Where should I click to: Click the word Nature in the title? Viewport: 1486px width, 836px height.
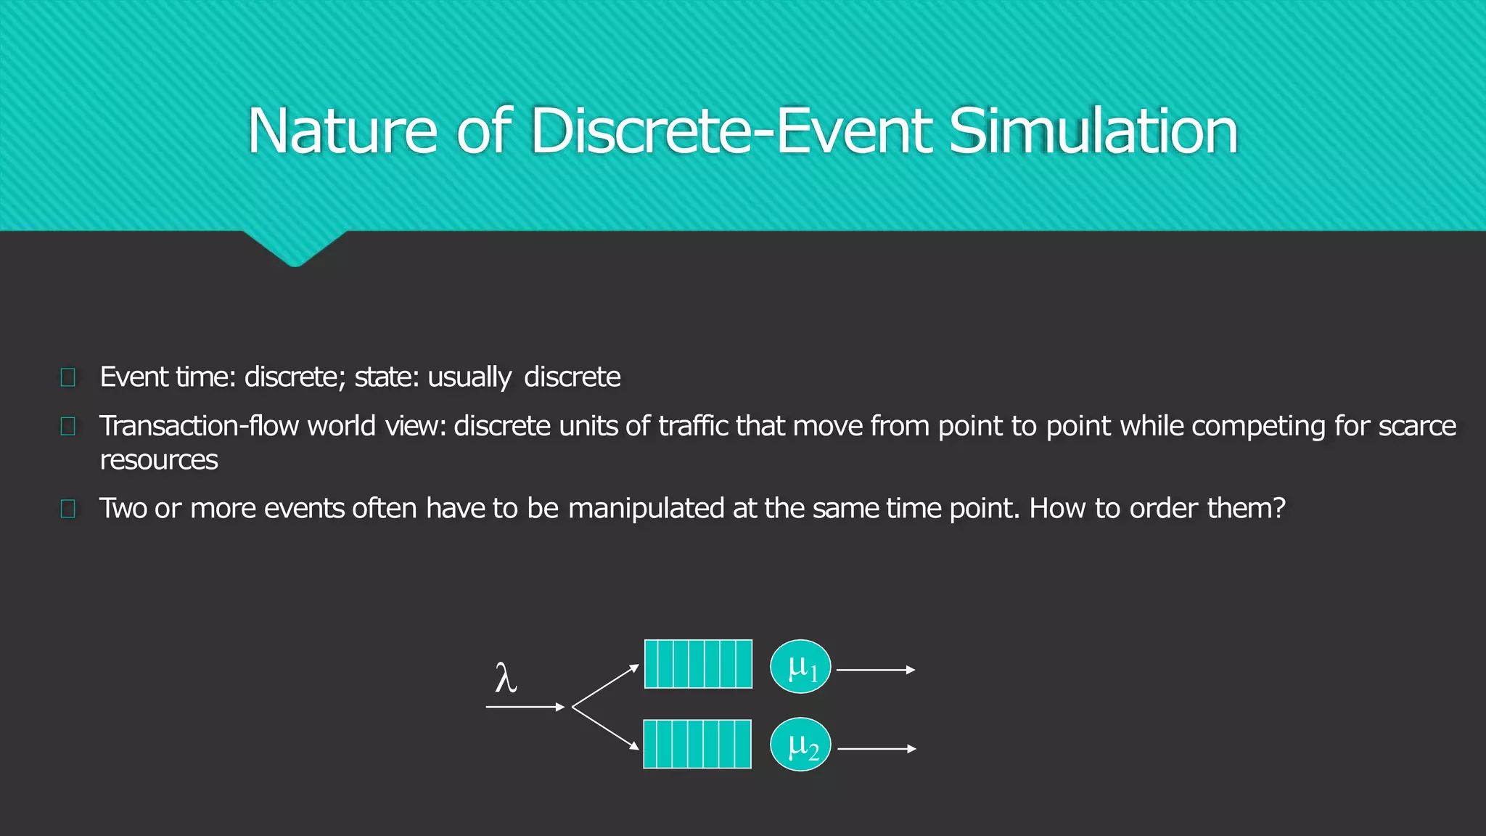342,131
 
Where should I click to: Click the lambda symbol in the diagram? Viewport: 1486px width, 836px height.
506,679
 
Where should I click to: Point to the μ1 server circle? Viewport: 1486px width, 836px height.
800,667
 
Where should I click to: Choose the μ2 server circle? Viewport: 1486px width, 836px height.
800,745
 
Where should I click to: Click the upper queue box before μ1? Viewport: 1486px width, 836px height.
698,664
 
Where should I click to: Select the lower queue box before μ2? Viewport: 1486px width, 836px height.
697,744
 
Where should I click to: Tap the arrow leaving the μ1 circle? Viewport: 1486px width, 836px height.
876,670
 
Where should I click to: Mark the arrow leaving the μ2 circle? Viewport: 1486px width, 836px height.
877,749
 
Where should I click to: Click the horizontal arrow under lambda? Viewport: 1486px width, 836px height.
525,707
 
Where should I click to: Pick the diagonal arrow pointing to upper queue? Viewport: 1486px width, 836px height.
606,686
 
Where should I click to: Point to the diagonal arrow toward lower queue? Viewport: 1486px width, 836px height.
606,728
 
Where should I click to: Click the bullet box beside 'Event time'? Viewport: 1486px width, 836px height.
68,377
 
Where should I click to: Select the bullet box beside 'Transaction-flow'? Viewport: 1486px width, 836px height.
68,426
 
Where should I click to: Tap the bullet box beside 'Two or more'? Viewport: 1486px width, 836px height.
68,509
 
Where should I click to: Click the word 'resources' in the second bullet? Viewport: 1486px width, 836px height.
159,460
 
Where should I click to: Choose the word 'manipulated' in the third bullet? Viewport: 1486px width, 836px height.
646,509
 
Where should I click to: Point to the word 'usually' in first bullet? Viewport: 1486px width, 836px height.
469,377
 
